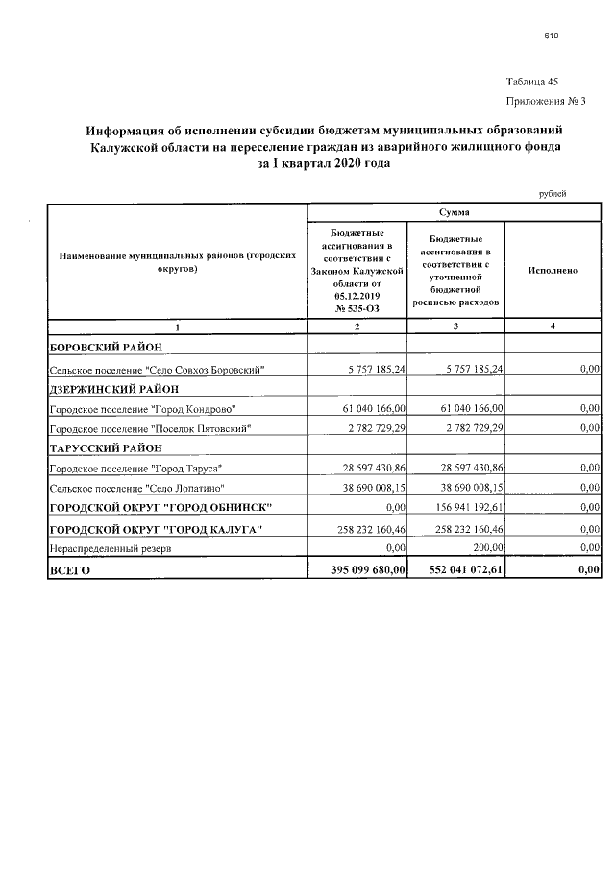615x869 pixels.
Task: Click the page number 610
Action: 551,36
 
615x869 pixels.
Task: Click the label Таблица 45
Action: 531,82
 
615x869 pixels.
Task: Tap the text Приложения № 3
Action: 545,101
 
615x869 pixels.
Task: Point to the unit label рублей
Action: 553,194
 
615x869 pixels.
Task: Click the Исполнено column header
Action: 553,271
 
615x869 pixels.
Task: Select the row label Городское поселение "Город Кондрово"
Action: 142,409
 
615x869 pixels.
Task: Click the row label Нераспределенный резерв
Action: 105,547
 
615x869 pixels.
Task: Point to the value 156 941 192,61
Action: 465,507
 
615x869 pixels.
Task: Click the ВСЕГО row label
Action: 68,570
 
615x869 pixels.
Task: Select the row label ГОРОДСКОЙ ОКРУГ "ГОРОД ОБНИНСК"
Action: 160,507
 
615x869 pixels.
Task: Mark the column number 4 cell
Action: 553,328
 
